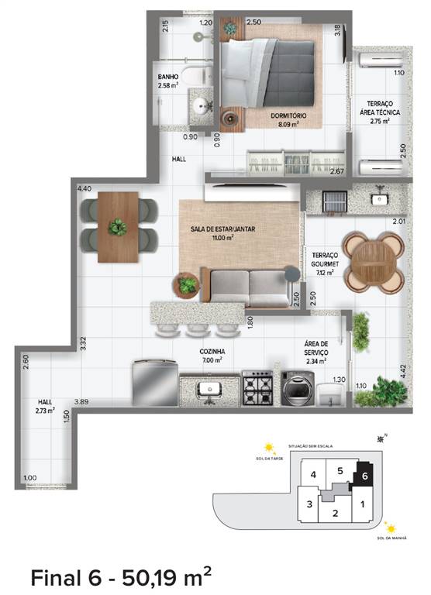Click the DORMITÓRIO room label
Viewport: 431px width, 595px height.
[288, 116]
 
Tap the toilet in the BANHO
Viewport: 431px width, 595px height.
[200, 76]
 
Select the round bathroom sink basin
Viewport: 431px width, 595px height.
[202, 108]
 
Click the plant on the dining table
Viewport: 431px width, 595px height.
[118, 228]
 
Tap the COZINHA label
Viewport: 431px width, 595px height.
[212, 356]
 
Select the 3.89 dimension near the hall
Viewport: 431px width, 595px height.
[81, 401]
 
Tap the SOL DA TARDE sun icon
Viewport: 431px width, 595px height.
[268, 448]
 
